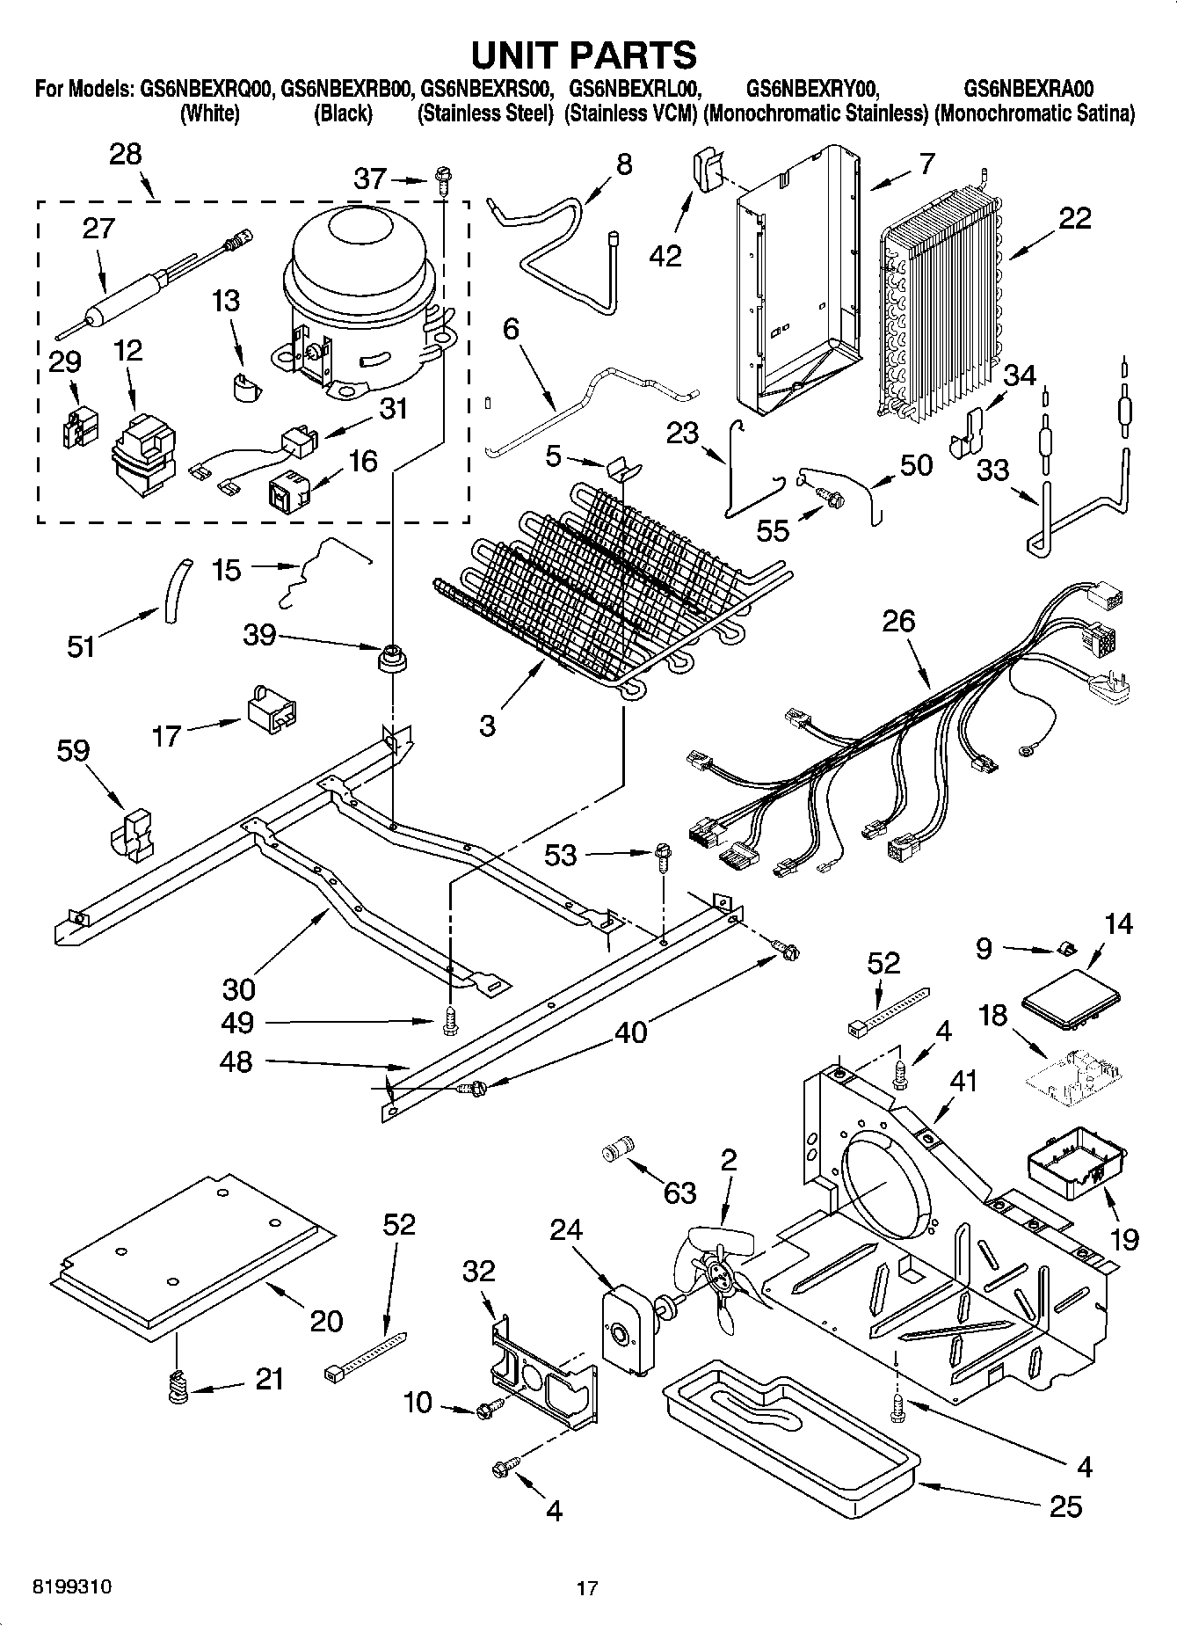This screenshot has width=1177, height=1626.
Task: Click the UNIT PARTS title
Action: coord(584,55)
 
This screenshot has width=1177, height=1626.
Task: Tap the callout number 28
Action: coord(125,155)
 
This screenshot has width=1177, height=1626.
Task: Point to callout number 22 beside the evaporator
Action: coord(1073,217)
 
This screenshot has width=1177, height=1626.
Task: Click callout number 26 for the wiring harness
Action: coord(898,621)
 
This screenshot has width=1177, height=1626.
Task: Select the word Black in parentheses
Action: coord(344,114)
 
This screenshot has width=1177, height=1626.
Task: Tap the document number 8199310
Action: coord(72,1587)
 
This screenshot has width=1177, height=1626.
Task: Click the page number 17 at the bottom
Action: coord(587,1588)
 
